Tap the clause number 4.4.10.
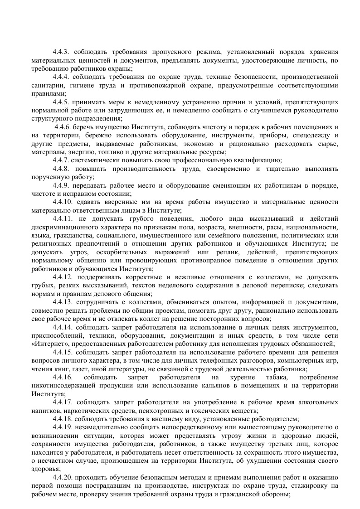(63, 201)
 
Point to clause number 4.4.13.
(63, 302)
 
